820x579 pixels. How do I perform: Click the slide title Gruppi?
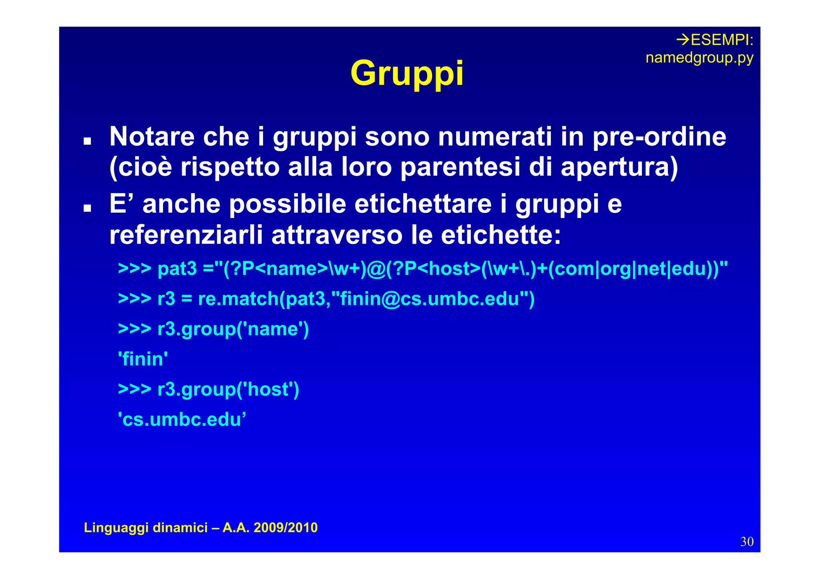(407, 74)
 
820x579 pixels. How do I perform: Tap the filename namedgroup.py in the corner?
(699, 58)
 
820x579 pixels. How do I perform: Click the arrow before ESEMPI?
(683, 40)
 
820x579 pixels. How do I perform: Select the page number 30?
(747, 542)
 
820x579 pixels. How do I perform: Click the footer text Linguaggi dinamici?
(146, 528)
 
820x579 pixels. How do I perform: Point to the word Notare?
(152, 137)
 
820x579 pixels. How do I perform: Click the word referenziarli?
(186, 235)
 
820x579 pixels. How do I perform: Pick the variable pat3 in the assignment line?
(177, 268)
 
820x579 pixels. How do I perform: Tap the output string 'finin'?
(143, 359)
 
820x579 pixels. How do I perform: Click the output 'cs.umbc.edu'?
(182, 420)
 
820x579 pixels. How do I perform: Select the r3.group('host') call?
(228, 389)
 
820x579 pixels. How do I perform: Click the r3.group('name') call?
(233, 329)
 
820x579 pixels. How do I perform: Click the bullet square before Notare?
(87, 141)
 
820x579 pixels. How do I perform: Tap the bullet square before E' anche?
(87, 208)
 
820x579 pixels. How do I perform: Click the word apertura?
(619, 167)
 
